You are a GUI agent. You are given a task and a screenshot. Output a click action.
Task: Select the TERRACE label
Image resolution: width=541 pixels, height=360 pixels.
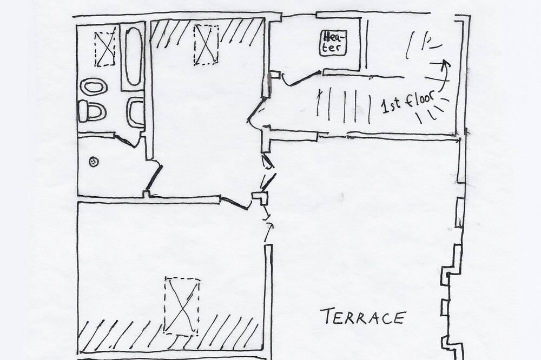click(362, 317)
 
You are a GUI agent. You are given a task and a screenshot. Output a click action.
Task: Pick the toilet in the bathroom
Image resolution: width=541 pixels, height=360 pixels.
click(92, 111)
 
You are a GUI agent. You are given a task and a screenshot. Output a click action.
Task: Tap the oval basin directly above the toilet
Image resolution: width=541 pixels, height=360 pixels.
click(94, 86)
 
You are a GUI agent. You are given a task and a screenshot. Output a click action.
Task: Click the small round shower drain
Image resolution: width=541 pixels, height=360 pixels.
click(94, 161)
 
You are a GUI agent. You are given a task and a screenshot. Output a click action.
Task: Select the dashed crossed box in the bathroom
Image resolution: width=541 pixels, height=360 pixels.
click(104, 49)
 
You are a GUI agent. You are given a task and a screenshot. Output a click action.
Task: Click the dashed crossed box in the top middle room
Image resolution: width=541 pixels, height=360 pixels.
click(206, 45)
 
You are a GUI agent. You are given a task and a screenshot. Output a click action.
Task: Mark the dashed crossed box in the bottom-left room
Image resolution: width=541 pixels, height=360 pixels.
click(182, 306)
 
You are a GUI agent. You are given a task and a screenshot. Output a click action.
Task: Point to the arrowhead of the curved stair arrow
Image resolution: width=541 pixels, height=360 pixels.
click(446, 63)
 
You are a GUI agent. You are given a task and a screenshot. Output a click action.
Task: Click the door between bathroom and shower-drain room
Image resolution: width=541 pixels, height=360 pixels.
click(128, 142)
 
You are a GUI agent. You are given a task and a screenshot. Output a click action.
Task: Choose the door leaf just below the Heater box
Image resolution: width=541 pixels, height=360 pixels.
click(300, 79)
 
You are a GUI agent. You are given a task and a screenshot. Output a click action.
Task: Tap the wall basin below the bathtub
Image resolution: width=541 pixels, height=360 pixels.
click(135, 112)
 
